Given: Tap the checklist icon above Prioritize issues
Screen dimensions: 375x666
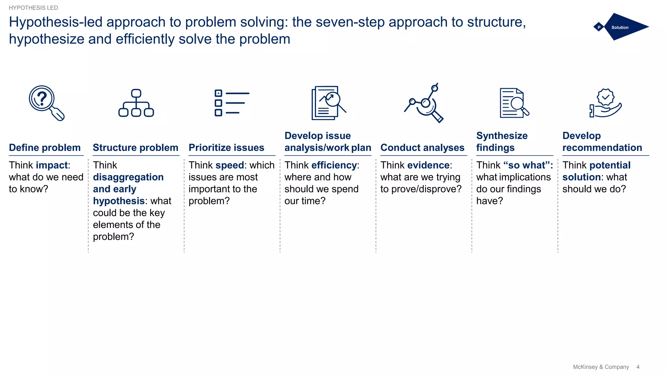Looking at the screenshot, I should tap(232, 103).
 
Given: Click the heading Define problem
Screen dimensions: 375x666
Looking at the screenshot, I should tap(45, 147).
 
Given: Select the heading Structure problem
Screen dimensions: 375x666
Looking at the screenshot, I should tap(136, 147).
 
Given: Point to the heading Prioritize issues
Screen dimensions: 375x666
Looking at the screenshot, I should tap(226, 147).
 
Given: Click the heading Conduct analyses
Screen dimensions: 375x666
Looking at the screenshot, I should tap(422, 147).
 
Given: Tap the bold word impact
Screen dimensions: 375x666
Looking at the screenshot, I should tap(52, 165).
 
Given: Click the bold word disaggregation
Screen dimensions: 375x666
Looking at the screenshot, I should tap(128, 177).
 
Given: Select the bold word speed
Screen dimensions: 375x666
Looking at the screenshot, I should tap(230, 165).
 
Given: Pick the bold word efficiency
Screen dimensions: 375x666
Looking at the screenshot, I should tap(334, 165).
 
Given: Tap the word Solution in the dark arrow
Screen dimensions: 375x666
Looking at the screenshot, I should tap(620, 27).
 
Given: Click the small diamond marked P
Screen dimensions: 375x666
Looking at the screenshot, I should tap(599, 27).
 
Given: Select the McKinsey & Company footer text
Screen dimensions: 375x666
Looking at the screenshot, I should tap(601, 367).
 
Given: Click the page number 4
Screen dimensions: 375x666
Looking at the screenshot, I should tap(638, 367).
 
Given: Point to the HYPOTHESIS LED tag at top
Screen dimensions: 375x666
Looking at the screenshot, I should tap(33, 8).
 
